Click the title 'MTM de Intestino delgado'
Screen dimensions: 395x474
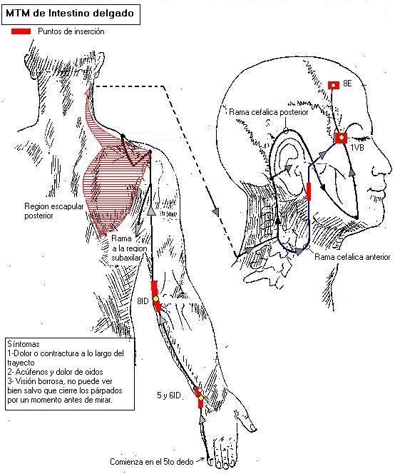[x=70, y=14]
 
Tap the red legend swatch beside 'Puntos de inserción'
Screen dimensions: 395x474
[x=21, y=31]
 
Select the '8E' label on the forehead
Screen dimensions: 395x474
[x=347, y=83]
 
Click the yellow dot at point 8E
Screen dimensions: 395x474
[x=334, y=85]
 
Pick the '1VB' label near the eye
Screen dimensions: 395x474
[x=357, y=148]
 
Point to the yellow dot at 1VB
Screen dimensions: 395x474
[x=342, y=138]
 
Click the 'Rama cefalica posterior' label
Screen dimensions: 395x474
[x=269, y=112]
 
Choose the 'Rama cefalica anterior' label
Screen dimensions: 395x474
[x=352, y=257]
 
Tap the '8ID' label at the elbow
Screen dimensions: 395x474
[x=143, y=301]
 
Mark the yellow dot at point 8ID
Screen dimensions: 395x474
[x=155, y=298]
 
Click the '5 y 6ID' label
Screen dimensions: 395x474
[x=168, y=395]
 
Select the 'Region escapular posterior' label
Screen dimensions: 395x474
[x=53, y=211]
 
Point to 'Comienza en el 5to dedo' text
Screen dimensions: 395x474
[x=152, y=462]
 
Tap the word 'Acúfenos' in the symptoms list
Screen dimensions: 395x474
[x=31, y=372]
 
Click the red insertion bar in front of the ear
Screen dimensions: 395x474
[x=309, y=191]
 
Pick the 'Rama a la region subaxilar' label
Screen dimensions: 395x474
[x=129, y=248]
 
